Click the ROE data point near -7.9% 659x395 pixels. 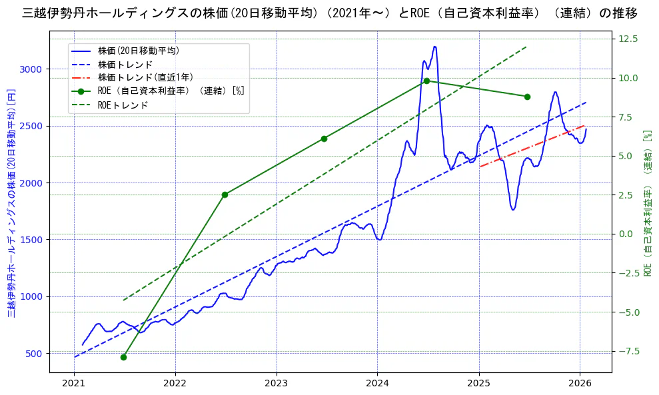[123, 357]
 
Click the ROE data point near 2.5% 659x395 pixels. [225, 195]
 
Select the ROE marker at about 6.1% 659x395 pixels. [324, 139]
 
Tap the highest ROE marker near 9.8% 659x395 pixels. [426, 81]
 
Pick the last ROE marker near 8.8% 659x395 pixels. [527, 97]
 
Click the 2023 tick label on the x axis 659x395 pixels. [276, 383]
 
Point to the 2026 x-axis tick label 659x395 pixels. [580, 383]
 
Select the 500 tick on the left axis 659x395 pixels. [33, 354]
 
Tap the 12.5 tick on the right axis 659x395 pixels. [628, 39]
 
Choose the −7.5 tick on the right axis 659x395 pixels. [628, 351]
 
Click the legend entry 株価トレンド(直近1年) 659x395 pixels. [137, 77]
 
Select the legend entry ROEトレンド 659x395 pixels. [123, 105]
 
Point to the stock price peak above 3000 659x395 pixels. [434, 47]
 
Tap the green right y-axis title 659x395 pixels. [647, 203]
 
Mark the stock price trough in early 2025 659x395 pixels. [512, 210]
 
